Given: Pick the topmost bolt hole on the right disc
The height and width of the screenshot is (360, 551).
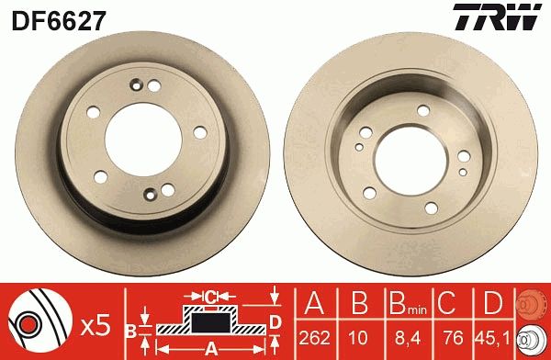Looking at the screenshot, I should click(x=422, y=110).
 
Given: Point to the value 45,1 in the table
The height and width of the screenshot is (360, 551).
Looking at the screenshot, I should click(x=491, y=337).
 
